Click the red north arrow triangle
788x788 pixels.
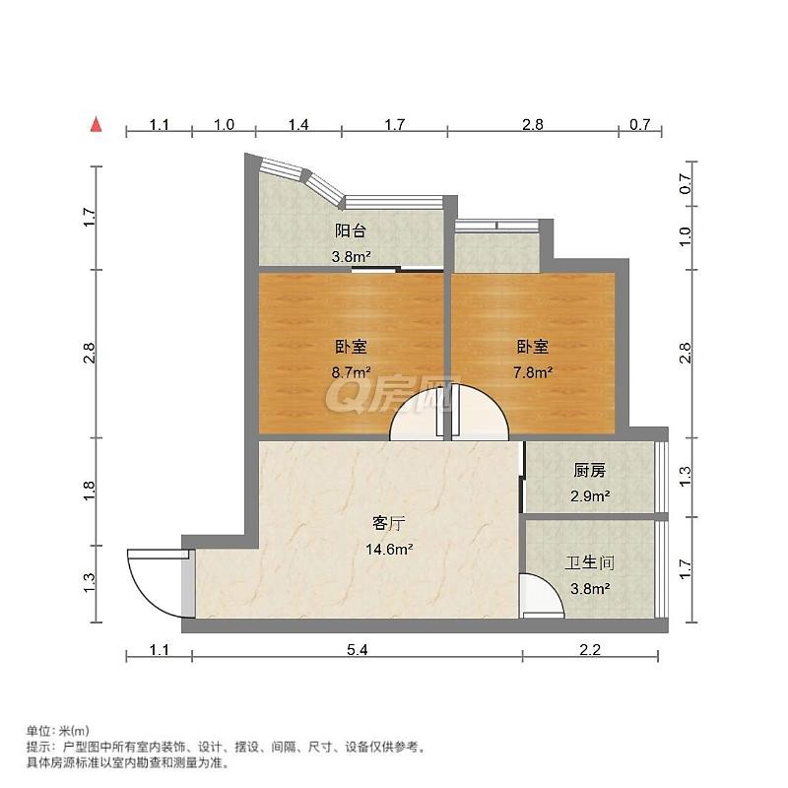click(96, 125)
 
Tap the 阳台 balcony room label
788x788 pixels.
click(351, 231)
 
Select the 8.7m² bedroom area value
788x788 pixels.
click(351, 372)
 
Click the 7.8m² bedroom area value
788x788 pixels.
click(533, 372)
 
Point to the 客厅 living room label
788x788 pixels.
click(388, 524)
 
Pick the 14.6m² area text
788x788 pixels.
click(389, 550)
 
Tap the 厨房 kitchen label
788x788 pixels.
click(589, 471)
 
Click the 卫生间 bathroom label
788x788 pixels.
click(589, 562)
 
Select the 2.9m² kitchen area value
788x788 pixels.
click(590, 496)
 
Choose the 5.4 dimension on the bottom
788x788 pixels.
click(358, 650)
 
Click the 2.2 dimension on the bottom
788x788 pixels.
click(590, 650)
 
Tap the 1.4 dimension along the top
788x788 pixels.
click(298, 124)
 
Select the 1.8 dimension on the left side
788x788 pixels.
click(89, 491)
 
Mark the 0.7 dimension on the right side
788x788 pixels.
click(686, 183)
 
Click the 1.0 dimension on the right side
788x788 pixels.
click(686, 236)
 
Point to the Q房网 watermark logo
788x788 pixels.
click(393, 393)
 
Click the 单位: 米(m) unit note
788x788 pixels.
click(58, 730)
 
